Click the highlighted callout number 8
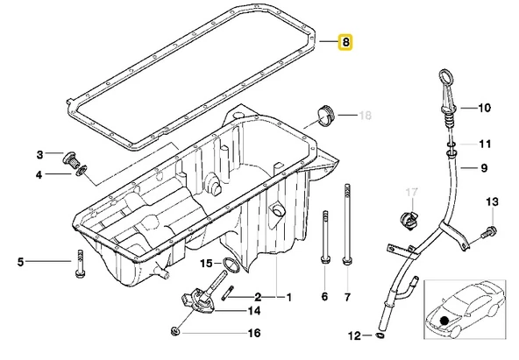tap(345, 42)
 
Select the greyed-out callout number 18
tap(365, 116)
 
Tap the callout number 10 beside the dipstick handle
tap(484, 108)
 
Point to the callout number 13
tap(492, 201)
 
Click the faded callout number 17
tap(412, 193)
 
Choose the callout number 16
tap(254, 333)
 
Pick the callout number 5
tap(20, 262)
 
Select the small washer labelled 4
tap(81, 171)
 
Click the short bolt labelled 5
tap(80, 264)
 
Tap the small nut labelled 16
tap(175, 331)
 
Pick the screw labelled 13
tap(488, 232)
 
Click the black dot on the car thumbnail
tap(444, 320)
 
